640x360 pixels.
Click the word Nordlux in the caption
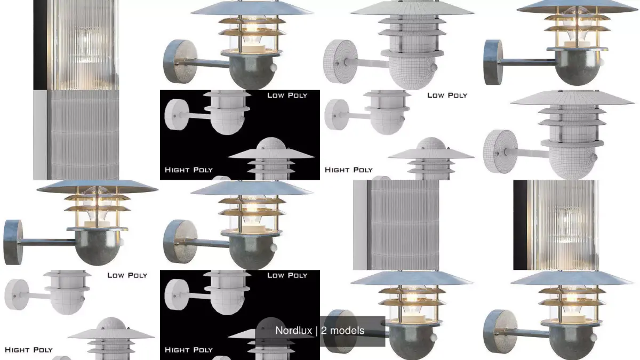(x=293, y=331)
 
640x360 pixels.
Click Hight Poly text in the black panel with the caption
(x=189, y=350)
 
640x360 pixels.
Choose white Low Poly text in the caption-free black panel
(x=287, y=95)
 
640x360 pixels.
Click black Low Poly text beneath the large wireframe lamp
(x=447, y=95)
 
